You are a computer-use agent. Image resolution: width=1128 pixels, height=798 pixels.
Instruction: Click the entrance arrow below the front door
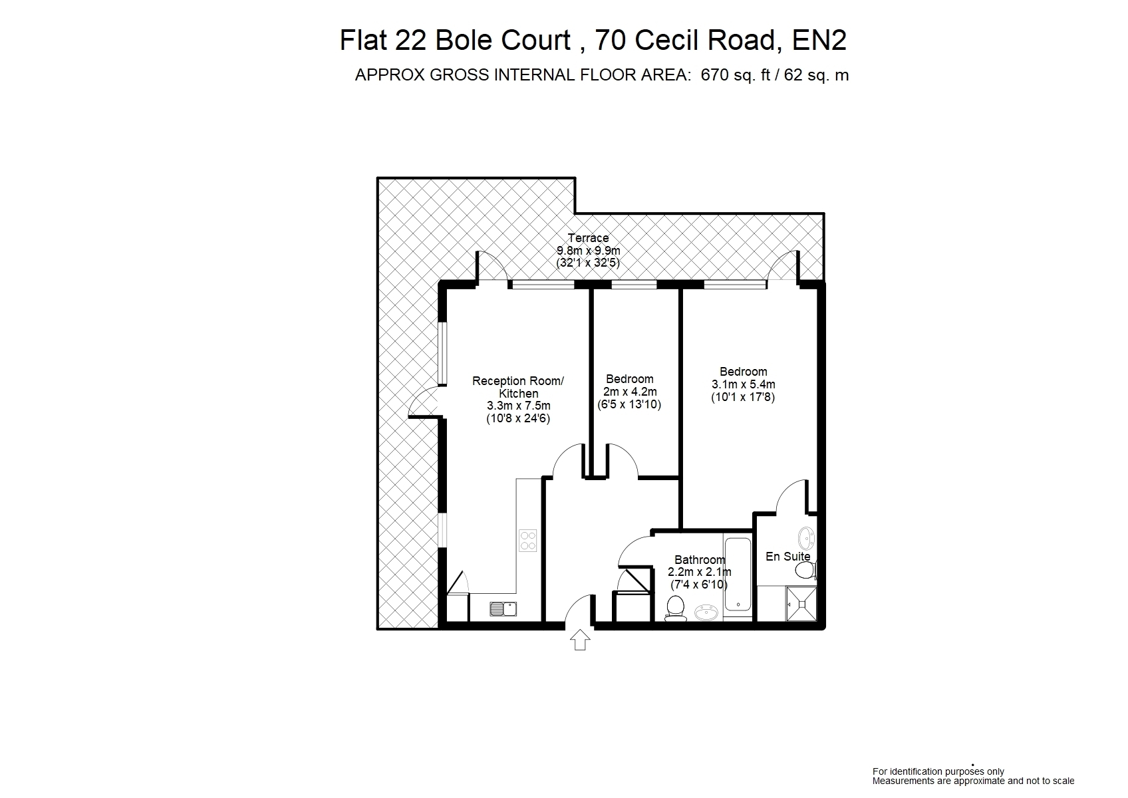coord(579,640)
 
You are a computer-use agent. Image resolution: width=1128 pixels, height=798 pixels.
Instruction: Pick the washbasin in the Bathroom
coord(707,612)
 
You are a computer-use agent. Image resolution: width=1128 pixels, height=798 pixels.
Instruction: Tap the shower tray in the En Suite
coord(801,604)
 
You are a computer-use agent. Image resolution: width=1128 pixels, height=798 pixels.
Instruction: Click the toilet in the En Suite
coord(805,571)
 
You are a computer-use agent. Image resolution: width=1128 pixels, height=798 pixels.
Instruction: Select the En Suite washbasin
coord(807,539)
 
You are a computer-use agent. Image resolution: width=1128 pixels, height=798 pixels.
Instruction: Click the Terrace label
coord(588,237)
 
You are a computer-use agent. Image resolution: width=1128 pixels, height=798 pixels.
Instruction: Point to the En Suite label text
coord(788,557)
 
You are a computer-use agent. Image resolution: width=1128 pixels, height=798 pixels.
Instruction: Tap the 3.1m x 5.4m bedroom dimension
coord(744,384)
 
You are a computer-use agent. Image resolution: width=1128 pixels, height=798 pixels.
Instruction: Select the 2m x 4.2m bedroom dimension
coord(630,391)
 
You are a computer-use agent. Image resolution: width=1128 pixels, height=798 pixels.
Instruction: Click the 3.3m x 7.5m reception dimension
coord(519,406)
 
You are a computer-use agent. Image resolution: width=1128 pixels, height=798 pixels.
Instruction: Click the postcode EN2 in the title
coord(819,41)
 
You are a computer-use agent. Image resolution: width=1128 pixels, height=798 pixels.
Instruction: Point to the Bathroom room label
coord(700,559)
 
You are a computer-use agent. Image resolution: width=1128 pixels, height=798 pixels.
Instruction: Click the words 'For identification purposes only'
coord(938,771)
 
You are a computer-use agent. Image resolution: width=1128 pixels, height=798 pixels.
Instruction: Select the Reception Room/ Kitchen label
coord(518,387)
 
